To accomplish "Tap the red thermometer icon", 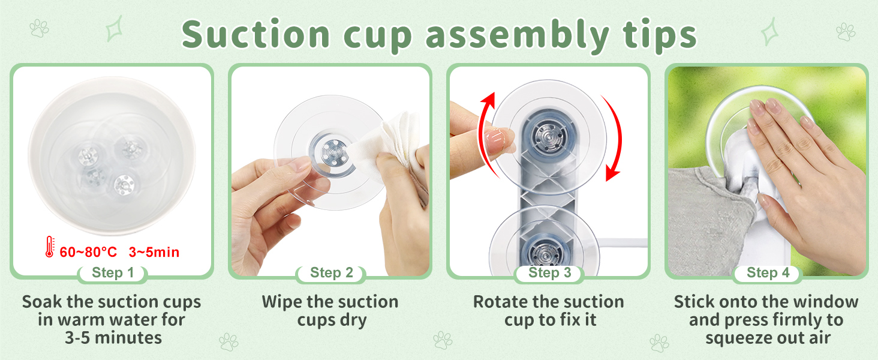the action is (49, 247).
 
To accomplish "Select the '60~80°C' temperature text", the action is (88, 252).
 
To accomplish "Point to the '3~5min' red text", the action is (154, 252).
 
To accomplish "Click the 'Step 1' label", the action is (113, 272).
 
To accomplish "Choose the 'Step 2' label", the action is (332, 272).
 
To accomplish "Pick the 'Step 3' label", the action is (550, 272).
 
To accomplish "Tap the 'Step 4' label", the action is (768, 272).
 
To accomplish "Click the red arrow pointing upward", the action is (483, 130).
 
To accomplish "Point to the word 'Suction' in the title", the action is (255, 35).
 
